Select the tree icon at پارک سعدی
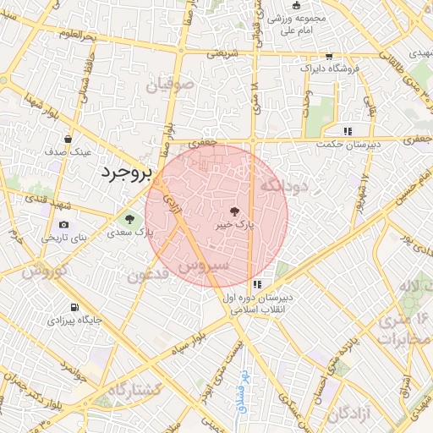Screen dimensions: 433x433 coord(129,217)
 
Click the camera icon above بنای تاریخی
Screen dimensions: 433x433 coord(64,224)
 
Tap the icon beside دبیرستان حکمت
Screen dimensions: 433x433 coord(347,131)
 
